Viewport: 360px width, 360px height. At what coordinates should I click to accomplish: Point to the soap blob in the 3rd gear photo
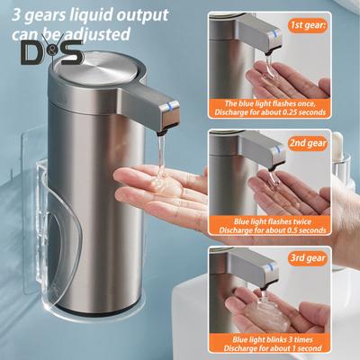click(253, 307)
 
